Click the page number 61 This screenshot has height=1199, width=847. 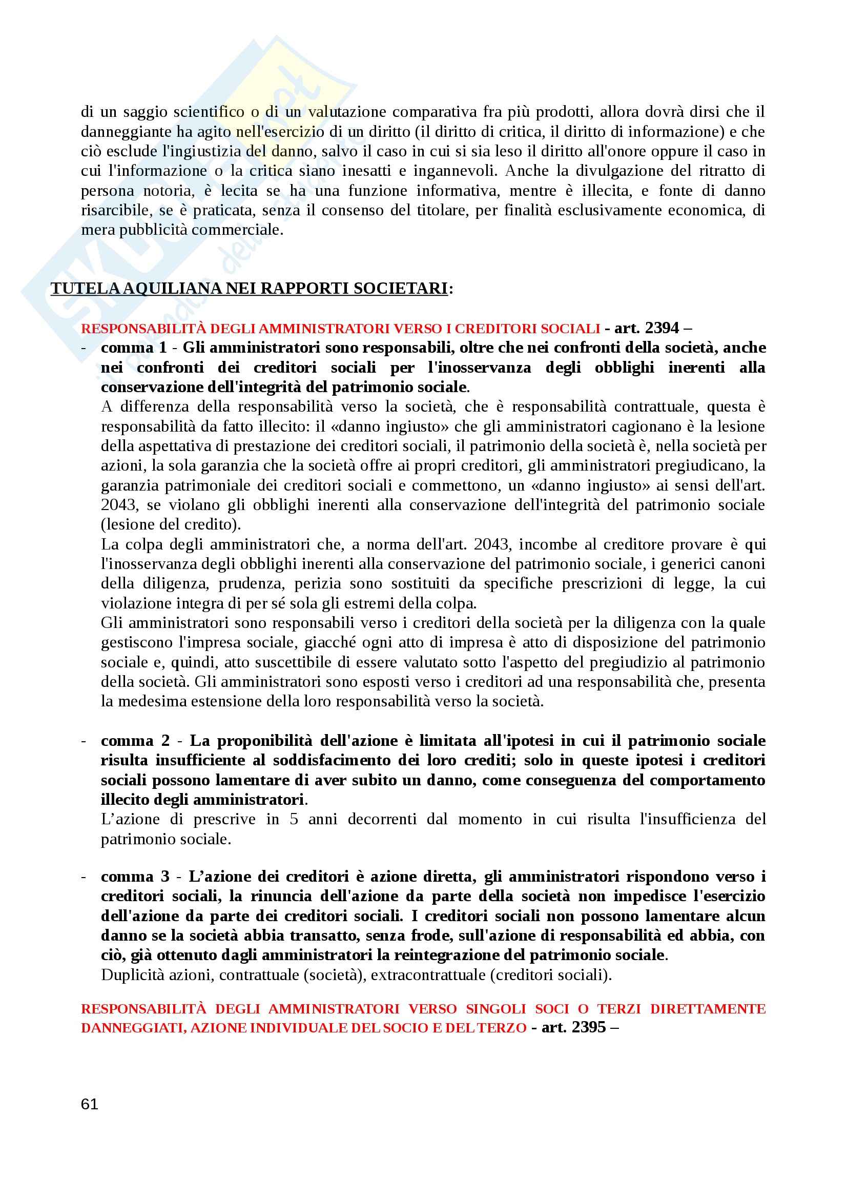tap(90, 1104)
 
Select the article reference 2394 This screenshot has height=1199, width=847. tap(662, 328)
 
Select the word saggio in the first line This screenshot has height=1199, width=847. tap(145, 112)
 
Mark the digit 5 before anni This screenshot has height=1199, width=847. tap(294, 819)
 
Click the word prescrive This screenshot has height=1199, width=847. tap(224, 819)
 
